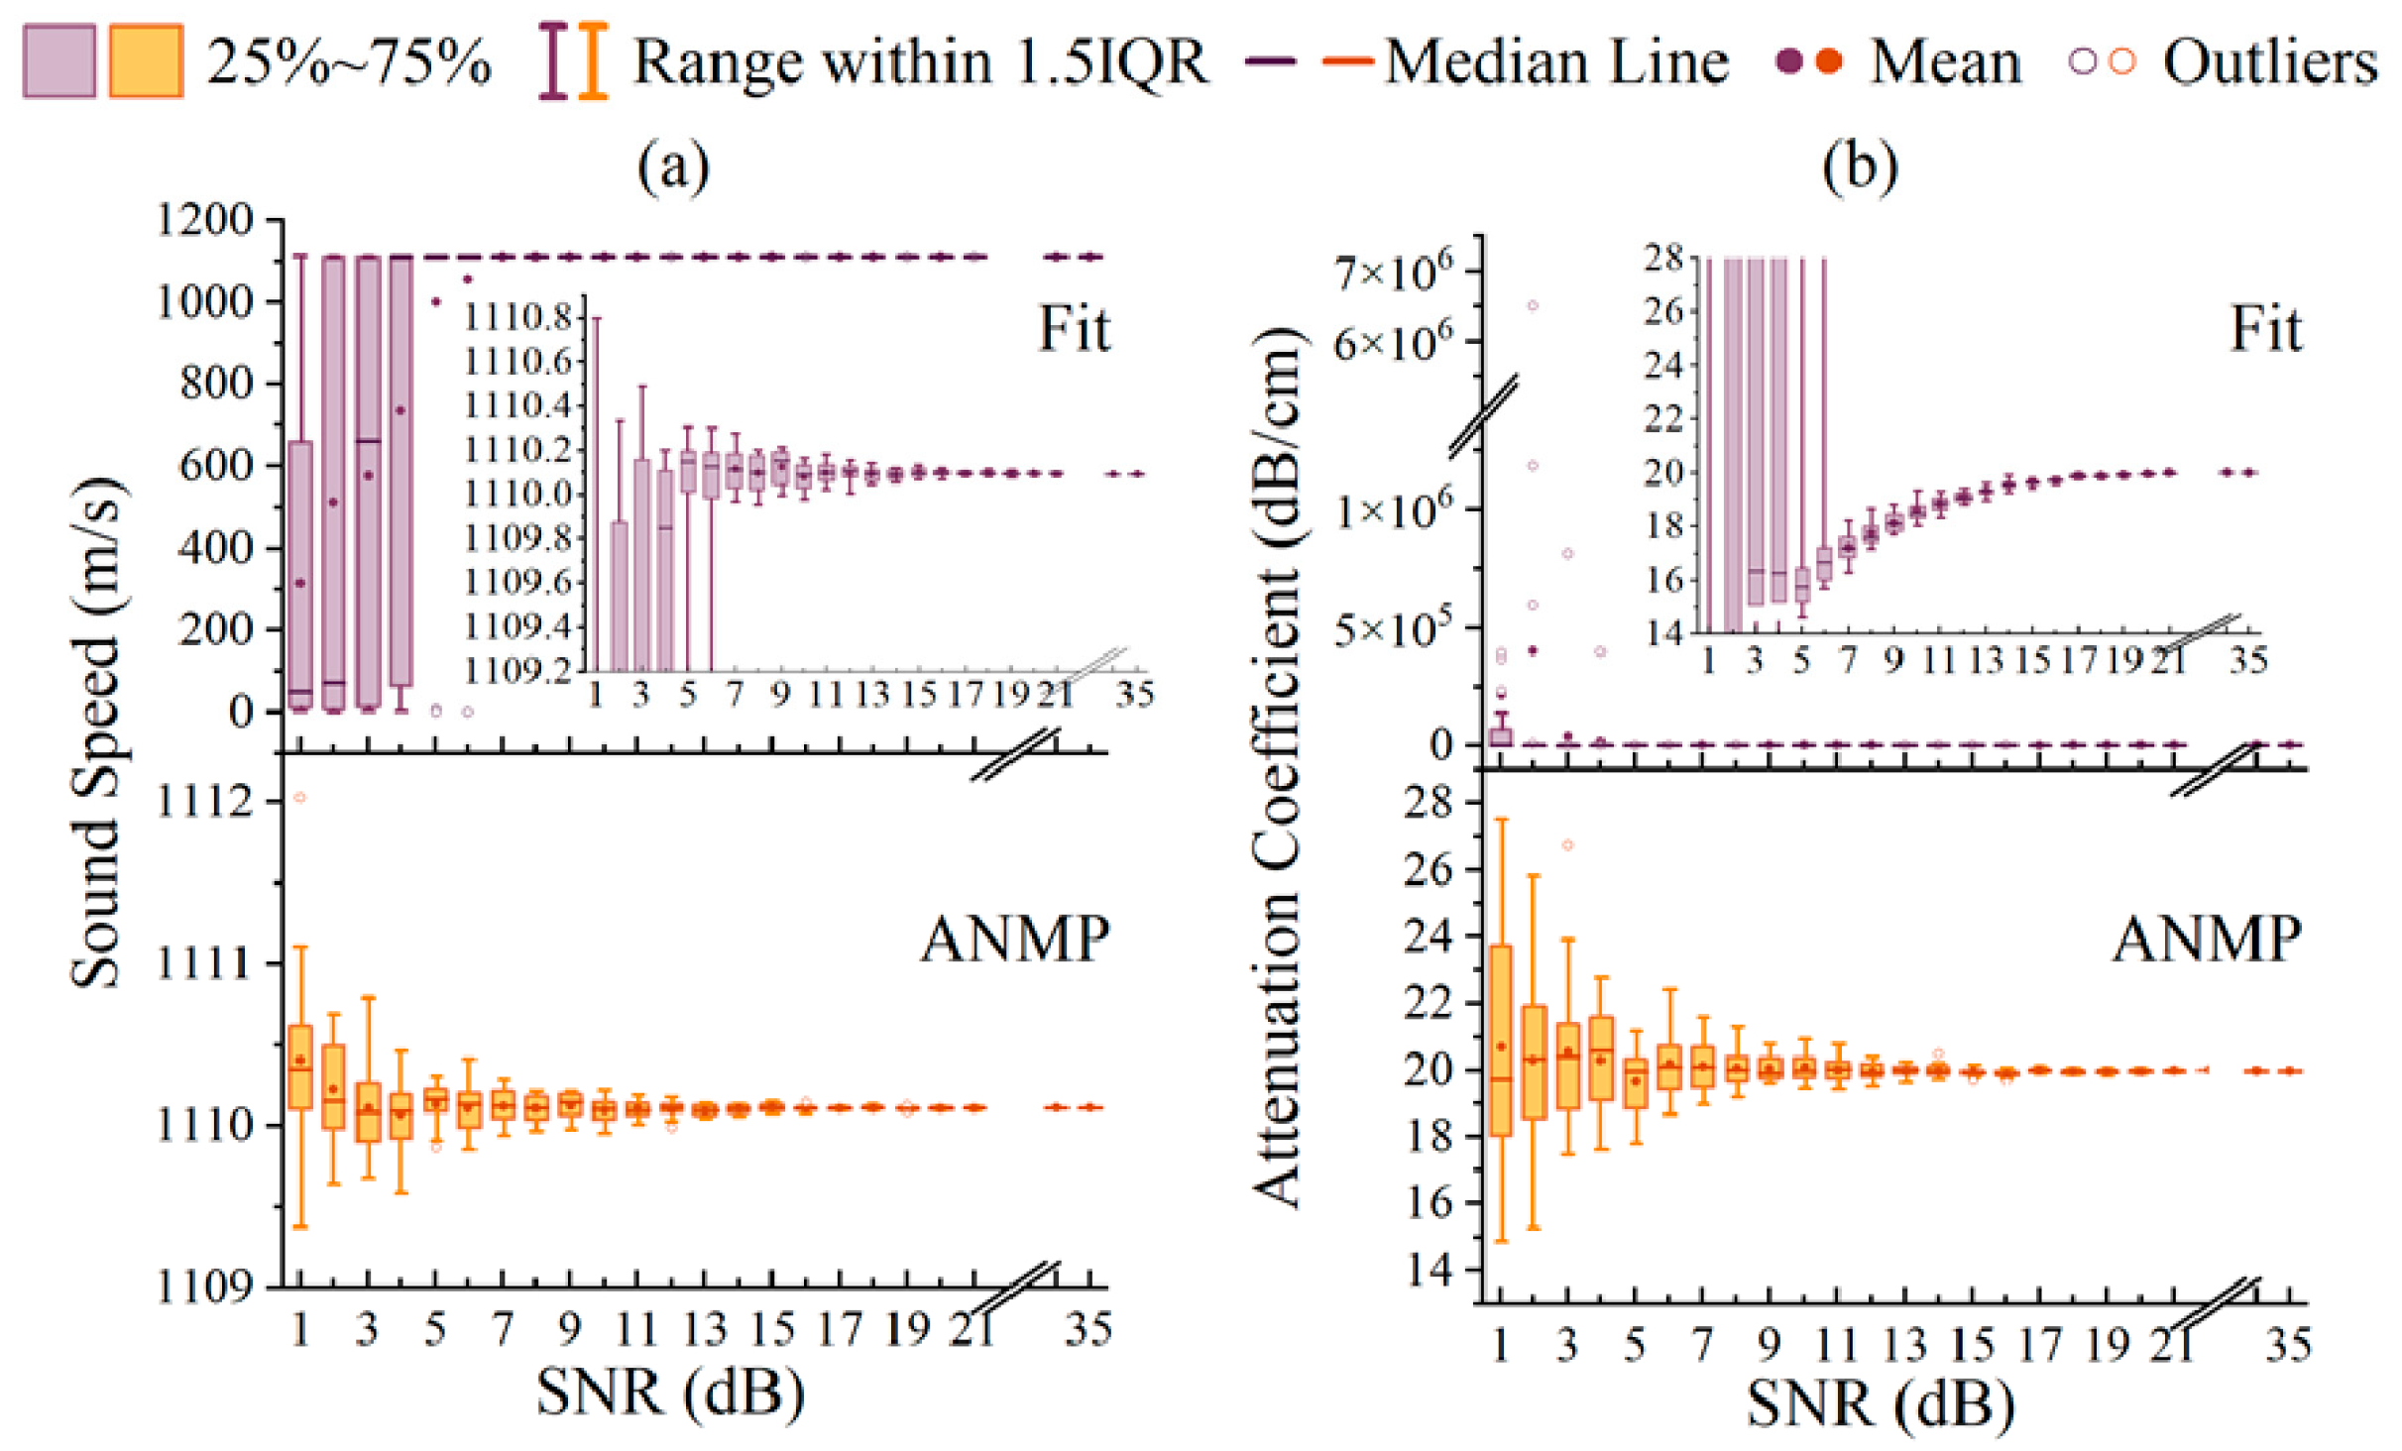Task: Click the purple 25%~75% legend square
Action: click(x=59, y=61)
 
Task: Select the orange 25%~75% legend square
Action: click(x=146, y=61)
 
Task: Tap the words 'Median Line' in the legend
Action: click(x=1557, y=61)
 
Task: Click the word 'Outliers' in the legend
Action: click(x=2270, y=61)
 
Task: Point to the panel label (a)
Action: click(x=674, y=166)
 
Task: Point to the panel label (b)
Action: click(x=1860, y=166)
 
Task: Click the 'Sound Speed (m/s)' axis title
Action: click(x=96, y=733)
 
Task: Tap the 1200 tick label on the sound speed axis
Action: click(x=204, y=219)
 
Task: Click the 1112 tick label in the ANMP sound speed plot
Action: click(x=204, y=801)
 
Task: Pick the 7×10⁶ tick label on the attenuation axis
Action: click(x=1392, y=270)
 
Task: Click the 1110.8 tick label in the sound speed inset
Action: click(x=518, y=317)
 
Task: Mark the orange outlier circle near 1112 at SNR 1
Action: click(x=300, y=797)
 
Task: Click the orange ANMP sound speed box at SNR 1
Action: click(x=300, y=1067)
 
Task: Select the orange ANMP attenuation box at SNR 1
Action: click(x=1501, y=1041)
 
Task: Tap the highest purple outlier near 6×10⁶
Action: click(x=1533, y=305)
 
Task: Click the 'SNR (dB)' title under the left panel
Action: click(x=671, y=1393)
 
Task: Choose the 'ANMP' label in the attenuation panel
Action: click(x=2207, y=939)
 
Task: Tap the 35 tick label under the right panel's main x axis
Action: click(x=2288, y=1345)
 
